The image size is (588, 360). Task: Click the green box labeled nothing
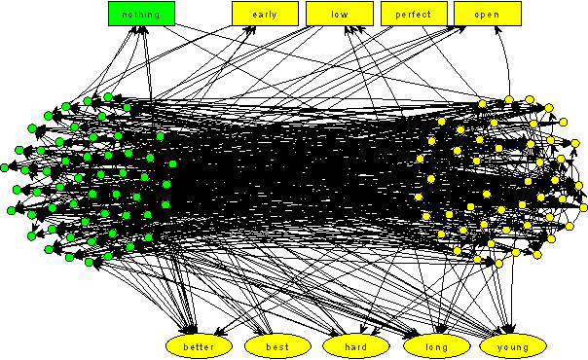(x=141, y=14)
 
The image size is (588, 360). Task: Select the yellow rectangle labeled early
(x=265, y=14)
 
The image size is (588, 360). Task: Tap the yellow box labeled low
(x=340, y=14)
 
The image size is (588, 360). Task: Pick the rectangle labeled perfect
(x=414, y=14)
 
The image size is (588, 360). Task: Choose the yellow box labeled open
(x=488, y=14)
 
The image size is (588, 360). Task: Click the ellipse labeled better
(x=200, y=345)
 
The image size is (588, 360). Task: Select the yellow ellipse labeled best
(x=277, y=345)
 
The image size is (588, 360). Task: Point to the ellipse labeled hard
(x=356, y=345)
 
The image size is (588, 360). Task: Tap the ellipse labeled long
(x=435, y=345)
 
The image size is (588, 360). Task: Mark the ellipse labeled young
(x=513, y=345)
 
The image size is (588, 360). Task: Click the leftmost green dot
(x=12, y=210)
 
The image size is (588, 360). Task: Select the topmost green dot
(x=108, y=96)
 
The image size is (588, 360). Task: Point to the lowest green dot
(x=90, y=262)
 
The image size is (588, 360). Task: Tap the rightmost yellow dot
(x=584, y=207)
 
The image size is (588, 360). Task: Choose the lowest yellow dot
(x=498, y=264)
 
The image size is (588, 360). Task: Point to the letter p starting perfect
(x=396, y=15)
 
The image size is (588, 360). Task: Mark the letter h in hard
(x=345, y=345)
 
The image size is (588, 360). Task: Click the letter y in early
(x=276, y=15)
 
